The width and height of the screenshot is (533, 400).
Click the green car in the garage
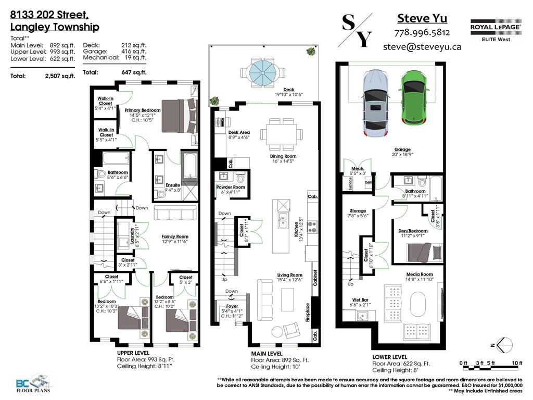pos(415,99)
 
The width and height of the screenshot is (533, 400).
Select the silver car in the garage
pos(376,104)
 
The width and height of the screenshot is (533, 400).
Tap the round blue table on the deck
pos(264,69)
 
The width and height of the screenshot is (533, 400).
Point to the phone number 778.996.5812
pos(422,32)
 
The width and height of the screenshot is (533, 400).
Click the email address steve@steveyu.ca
pos(422,46)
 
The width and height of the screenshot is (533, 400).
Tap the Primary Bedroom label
pos(143,110)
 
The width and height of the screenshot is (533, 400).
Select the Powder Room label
pos(231,187)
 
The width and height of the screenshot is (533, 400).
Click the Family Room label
pos(175,236)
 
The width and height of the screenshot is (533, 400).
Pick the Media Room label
pos(420,274)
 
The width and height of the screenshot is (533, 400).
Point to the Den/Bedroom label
pos(413,231)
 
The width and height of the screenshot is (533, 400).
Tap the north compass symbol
pos(504,344)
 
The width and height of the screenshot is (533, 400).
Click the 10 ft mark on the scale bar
pos(516,363)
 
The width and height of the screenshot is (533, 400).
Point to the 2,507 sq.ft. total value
pos(60,76)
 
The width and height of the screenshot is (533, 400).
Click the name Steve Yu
pos(422,18)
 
